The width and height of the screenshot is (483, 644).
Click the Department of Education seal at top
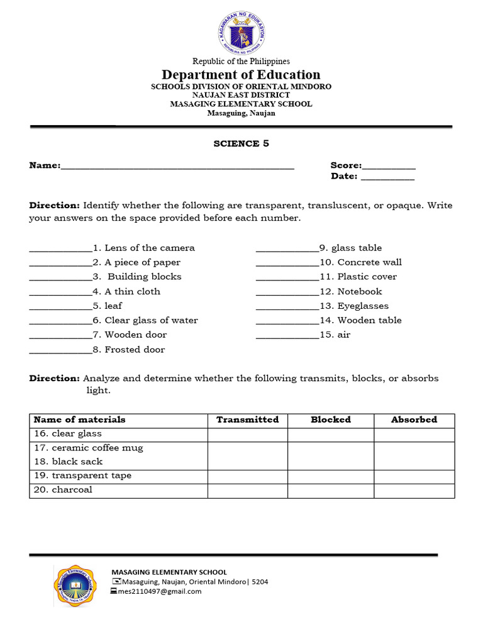241,31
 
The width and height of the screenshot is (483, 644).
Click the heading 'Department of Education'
241,75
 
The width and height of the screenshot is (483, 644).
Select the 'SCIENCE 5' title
241,143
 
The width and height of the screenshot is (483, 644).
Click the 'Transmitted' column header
247,419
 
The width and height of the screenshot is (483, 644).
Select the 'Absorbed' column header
414,419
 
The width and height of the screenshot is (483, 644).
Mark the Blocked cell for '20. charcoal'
331,491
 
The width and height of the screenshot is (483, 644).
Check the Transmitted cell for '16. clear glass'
247,435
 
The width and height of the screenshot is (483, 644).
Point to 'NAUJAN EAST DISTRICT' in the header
241,95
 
